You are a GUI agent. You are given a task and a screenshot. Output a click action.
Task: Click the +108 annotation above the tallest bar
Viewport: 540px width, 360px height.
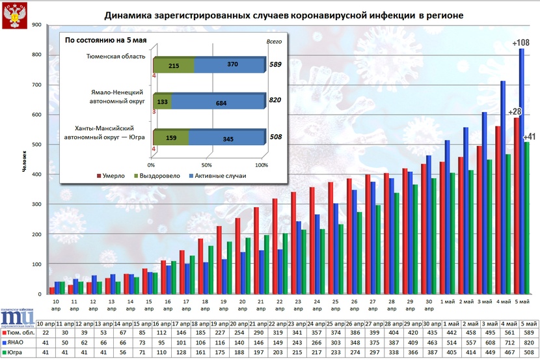pyautogui.click(x=521, y=43)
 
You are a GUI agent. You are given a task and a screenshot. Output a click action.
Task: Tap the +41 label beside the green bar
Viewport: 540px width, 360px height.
pyautogui.click(x=530, y=137)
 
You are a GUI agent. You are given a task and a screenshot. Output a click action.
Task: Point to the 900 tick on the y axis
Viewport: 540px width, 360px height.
pyautogui.click(x=36, y=25)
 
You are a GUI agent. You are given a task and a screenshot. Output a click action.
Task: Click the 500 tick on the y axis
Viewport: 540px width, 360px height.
pyautogui.click(x=36, y=145)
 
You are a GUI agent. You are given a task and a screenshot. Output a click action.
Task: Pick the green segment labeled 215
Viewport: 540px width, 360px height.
pyautogui.click(x=174, y=66)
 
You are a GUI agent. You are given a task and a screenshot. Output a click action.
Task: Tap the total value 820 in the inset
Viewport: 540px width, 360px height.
pyautogui.click(x=275, y=102)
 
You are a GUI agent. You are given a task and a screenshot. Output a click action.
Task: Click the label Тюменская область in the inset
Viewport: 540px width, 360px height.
pyautogui.click(x=116, y=57)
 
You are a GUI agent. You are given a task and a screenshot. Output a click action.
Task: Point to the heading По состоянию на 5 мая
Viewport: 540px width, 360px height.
pyautogui.click(x=106, y=40)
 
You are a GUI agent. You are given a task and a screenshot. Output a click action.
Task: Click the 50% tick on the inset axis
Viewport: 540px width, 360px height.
pyautogui.click(x=208, y=165)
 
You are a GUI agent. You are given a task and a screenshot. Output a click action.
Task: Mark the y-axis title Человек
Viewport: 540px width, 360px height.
pyautogui.click(x=24, y=160)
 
